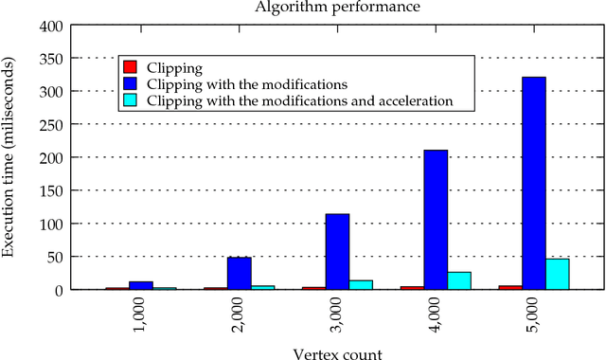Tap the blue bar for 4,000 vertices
tap(436, 220)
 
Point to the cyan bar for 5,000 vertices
tap(558, 274)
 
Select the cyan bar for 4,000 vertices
tap(459, 280)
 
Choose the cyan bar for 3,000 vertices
tap(361, 284)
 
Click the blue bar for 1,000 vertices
tap(141, 285)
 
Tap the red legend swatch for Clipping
tap(131, 67)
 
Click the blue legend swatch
tap(131, 83)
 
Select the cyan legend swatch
tap(131, 99)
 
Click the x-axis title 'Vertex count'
tap(338, 352)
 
